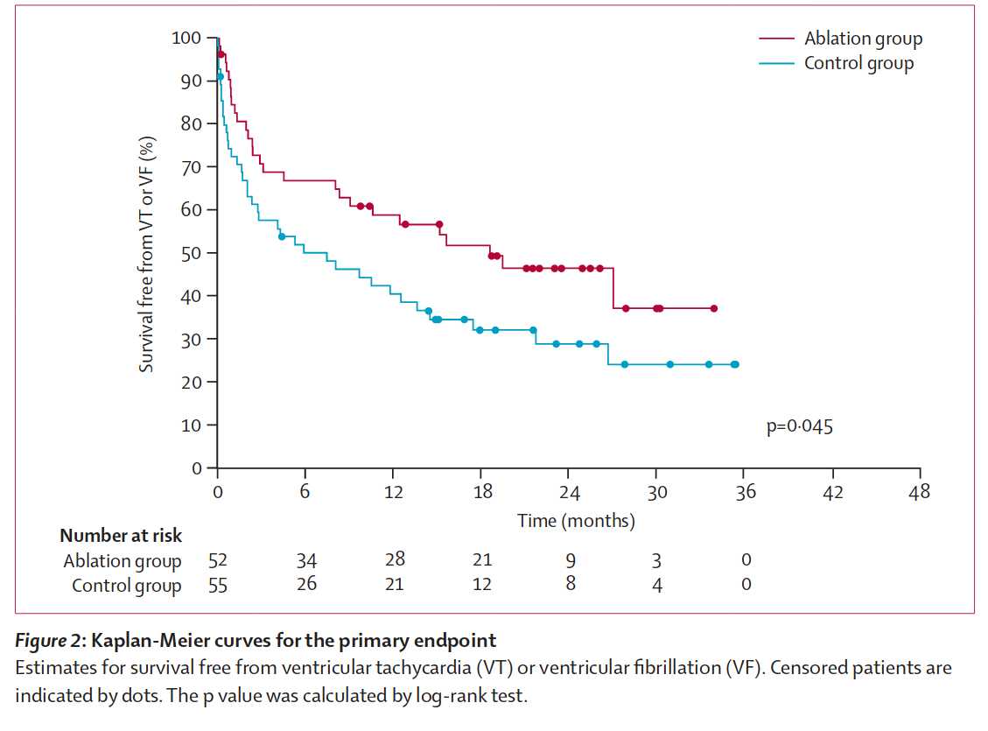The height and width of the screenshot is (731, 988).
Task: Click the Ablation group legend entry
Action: pos(862,39)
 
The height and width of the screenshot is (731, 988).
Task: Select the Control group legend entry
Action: pos(858,63)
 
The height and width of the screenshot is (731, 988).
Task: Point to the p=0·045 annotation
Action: pos(799,427)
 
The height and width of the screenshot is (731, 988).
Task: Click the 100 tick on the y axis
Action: pos(186,38)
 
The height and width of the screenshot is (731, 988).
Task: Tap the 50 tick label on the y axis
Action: pos(191,253)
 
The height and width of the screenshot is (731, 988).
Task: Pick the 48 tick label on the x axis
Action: pos(920,492)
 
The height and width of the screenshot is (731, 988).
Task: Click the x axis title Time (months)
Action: pos(576,521)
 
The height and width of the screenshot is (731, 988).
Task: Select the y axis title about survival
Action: pos(147,254)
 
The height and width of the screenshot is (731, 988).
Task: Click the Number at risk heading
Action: pos(121,536)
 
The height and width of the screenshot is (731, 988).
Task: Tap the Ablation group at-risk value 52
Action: pos(217,560)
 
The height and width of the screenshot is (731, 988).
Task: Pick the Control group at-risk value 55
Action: pos(217,586)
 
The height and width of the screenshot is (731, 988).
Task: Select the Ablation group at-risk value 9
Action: pos(570,560)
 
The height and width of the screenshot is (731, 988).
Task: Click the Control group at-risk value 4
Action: pos(657,586)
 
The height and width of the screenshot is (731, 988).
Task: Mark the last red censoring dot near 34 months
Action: pos(714,308)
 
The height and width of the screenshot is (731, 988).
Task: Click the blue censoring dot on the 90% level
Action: pos(221,77)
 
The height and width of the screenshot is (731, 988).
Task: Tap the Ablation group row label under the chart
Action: pos(123,561)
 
